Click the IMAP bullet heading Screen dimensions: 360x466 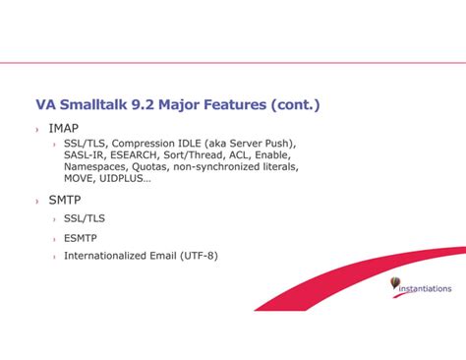click(64, 128)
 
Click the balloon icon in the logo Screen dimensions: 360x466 click(395, 282)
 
